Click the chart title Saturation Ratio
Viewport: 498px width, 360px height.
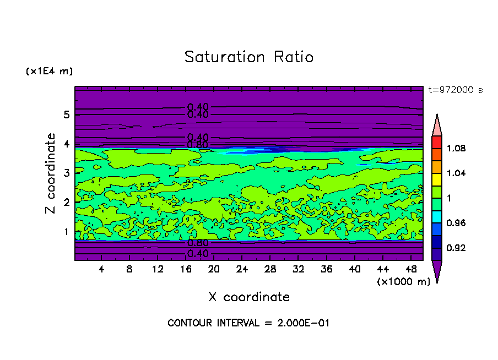[249, 57]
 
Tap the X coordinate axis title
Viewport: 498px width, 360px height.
[249, 297]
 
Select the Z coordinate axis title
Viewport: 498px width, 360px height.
[51, 173]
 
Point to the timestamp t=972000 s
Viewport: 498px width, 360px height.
[455, 90]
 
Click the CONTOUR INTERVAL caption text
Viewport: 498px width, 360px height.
[248, 323]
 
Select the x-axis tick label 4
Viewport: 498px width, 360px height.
[101, 269]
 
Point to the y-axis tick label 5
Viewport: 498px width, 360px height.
[67, 115]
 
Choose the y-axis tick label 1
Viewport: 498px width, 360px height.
[67, 231]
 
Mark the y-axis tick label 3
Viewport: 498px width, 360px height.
[67, 173]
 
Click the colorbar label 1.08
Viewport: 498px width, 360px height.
[457, 148]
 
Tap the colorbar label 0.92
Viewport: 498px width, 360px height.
[457, 248]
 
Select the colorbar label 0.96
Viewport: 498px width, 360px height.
[457, 223]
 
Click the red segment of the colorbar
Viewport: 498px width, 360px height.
[436, 142]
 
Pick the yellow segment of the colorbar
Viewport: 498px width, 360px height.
[436, 179]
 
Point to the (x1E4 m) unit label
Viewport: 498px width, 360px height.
[49, 72]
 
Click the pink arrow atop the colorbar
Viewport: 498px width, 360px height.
[436, 126]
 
